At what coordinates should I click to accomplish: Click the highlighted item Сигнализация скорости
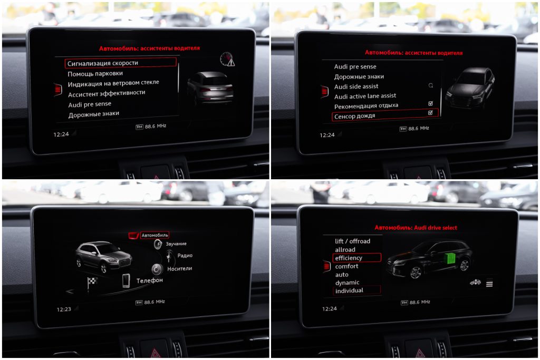(x=120, y=63)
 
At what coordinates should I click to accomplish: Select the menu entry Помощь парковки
(x=95, y=74)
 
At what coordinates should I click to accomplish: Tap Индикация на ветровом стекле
(x=113, y=83)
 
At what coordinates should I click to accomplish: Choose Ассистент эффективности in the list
(x=107, y=93)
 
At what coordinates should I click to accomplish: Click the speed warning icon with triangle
(x=227, y=59)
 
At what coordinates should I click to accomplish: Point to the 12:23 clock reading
(x=64, y=309)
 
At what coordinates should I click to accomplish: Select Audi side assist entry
(x=356, y=86)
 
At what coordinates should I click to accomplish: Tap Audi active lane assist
(x=365, y=96)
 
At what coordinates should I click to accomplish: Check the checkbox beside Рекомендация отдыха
(x=430, y=103)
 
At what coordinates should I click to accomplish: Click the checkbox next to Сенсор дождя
(x=430, y=113)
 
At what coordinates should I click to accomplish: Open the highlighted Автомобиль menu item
(x=155, y=236)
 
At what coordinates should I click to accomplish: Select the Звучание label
(x=176, y=244)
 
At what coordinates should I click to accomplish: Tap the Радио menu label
(x=185, y=255)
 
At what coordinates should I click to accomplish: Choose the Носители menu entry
(x=179, y=268)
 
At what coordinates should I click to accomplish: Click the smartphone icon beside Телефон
(x=126, y=280)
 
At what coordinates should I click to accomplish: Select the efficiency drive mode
(x=349, y=258)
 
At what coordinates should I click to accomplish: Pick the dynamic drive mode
(x=347, y=283)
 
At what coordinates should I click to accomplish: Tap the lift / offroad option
(x=352, y=241)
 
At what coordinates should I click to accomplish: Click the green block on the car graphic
(x=450, y=258)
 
